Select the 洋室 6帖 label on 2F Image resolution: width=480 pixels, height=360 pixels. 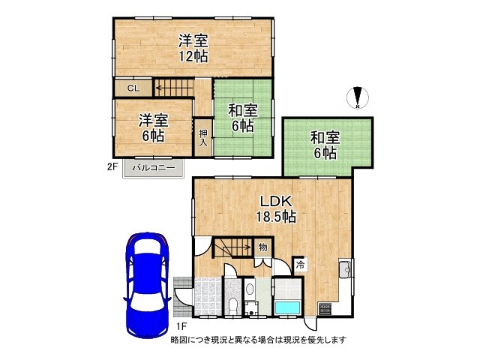[152, 127]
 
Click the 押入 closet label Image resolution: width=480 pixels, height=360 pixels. [202, 138]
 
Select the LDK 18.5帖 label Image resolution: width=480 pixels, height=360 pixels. [277, 208]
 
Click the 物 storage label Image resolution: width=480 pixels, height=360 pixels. [263, 247]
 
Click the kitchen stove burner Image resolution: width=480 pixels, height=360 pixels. [325, 307]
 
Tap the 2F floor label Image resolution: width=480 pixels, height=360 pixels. [112, 168]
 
